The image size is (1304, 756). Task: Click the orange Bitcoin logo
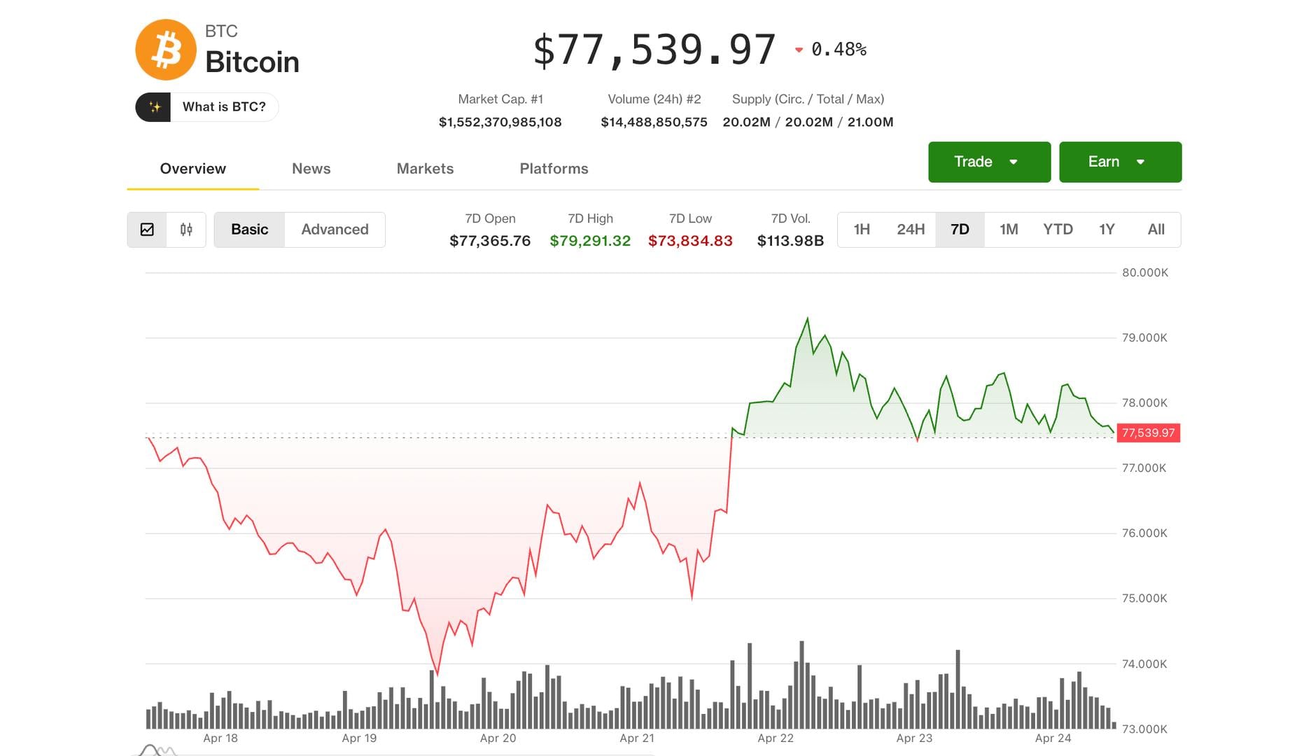pyautogui.click(x=166, y=50)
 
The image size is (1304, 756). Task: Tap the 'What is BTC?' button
pyautogui.click(x=207, y=107)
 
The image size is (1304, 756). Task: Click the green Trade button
pyautogui.click(x=988, y=162)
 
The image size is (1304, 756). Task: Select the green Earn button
pyautogui.click(x=1119, y=162)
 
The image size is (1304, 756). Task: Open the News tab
pyautogui.click(x=311, y=169)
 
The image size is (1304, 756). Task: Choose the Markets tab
pyautogui.click(x=425, y=169)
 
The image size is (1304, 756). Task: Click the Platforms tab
pyautogui.click(x=554, y=169)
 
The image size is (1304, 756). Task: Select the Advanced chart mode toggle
pyautogui.click(x=335, y=230)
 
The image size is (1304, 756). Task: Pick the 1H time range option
pyautogui.click(x=862, y=230)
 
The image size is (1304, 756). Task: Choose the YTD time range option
pyautogui.click(x=1058, y=230)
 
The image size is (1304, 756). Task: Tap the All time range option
pyautogui.click(x=1156, y=230)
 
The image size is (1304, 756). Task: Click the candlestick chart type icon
pyautogui.click(x=186, y=230)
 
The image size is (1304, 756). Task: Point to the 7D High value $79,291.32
pyautogui.click(x=590, y=241)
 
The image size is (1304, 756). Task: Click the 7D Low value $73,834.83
pyautogui.click(x=690, y=241)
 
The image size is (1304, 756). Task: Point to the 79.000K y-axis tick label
pyautogui.click(x=1144, y=338)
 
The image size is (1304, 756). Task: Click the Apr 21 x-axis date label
pyautogui.click(x=637, y=738)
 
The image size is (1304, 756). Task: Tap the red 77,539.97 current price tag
pyautogui.click(x=1148, y=433)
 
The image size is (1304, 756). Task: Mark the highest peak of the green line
pyautogui.click(x=808, y=318)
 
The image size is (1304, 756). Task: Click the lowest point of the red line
pyautogui.click(x=437, y=674)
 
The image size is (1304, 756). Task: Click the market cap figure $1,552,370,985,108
pyautogui.click(x=500, y=122)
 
